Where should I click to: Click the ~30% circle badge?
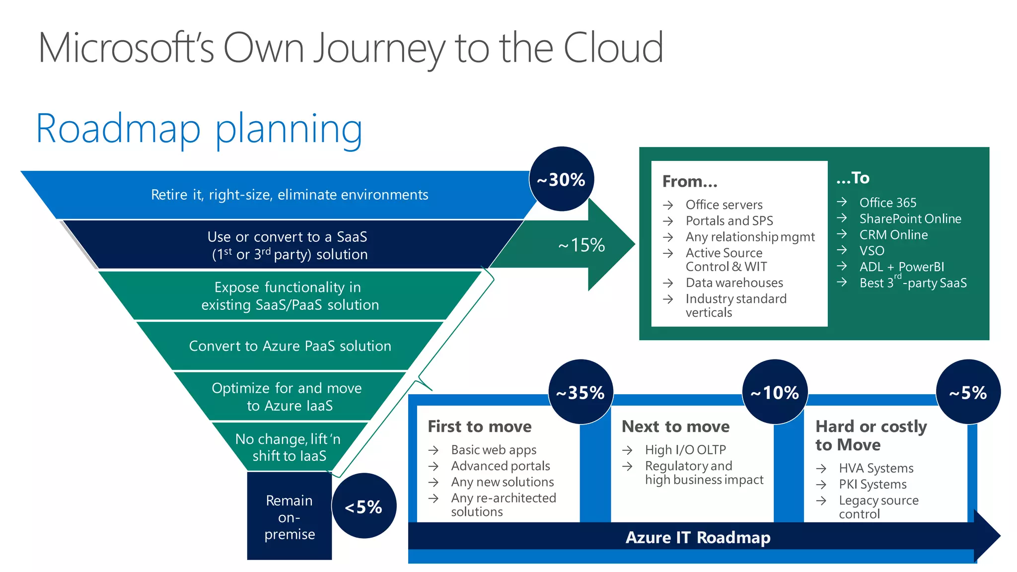click(x=561, y=179)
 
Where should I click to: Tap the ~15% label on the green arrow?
click(x=581, y=245)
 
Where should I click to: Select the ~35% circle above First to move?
click(x=580, y=392)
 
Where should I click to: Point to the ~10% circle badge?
click(x=774, y=392)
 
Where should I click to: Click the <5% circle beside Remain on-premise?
click(x=363, y=506)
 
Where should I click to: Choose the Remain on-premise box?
click(x=289, y=516)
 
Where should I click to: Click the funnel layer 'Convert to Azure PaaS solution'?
click(x=290, y=346)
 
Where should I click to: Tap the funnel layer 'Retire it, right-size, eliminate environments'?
click(x=290, y=195)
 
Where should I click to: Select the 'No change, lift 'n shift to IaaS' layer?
click(x=289, y=447)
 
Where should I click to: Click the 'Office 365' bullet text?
click(x=887, y=203)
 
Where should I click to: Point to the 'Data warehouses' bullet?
click(x=734, y=283)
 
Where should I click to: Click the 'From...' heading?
click(x=689, y=181)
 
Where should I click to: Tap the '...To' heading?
click(x=853, y=178)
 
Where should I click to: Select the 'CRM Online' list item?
click(x=893, y=235)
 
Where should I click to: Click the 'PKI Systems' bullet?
click(x=872, y=484)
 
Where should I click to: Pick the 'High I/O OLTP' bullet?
click(x=685, y=450)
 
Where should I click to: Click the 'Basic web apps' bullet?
click(x=494, y=450)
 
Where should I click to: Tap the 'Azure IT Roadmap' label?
click(x=698, y=537)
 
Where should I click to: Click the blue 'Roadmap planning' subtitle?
click(x=200, y=129)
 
